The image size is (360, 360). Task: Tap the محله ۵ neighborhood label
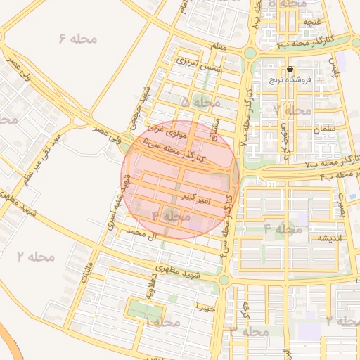(200, 103)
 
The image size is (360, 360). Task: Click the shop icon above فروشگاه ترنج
(290, 70)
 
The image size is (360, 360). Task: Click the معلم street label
(218, 48)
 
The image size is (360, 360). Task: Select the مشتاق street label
(215, 127)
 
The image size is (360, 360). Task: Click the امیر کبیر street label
(195, 198)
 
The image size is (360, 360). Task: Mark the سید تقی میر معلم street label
(44, 156)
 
